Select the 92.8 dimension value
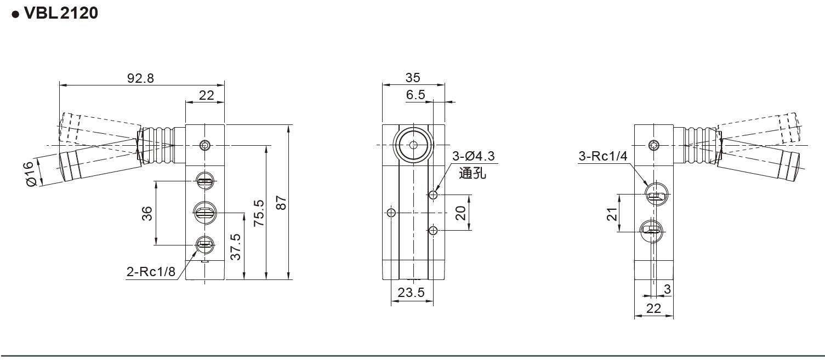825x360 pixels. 141,78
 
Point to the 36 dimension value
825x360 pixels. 147,213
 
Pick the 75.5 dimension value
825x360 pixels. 259,213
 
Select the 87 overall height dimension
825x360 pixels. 281,203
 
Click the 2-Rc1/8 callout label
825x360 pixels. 151,272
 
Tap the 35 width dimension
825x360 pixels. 413,78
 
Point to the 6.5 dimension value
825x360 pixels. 416,95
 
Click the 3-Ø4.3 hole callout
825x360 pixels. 473,157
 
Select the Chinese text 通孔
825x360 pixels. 472,174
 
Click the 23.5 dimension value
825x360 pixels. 411,293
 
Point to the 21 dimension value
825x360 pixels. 612,213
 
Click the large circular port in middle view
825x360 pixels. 413,145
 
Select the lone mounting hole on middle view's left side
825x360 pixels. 391,213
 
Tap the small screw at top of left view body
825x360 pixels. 205,145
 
